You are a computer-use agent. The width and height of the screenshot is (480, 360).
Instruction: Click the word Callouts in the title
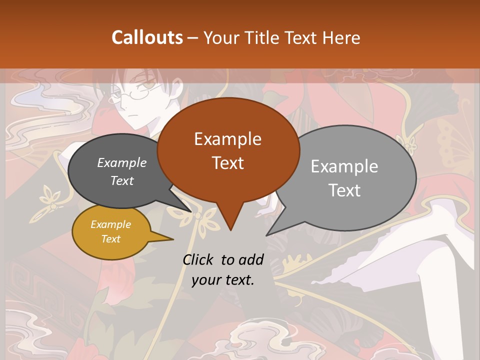tap(147, 37)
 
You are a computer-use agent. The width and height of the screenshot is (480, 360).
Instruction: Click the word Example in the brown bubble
tap(227, 139)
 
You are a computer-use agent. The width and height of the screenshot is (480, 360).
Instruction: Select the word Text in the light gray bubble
tap(344, 190)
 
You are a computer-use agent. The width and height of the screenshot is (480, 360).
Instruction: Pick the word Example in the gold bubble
tap(110, 224)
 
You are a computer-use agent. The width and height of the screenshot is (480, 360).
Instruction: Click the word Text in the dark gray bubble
tap(122, 181)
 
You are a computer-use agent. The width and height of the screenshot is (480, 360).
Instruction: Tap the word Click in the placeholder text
tap(198, 260)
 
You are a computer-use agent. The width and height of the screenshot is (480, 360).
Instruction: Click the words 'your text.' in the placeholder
tap(223, 280)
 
